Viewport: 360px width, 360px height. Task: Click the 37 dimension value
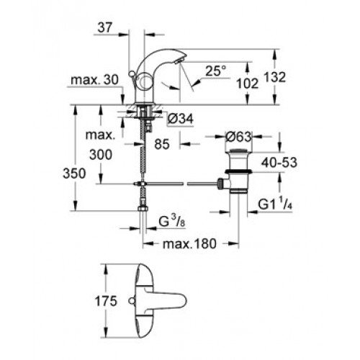(105, 28)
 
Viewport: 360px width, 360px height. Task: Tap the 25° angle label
(215, 71)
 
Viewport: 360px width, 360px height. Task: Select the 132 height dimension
(275, 77)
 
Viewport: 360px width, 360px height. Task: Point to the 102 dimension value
(248, 84)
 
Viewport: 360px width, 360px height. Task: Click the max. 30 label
(95, 80)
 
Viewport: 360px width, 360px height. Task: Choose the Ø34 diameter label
(181, 119)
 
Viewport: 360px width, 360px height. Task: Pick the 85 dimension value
(162, 144)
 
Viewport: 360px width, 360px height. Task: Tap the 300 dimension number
(101, 155)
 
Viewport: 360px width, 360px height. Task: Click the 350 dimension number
(74, 174)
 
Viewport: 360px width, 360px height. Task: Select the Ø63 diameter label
(238, 137)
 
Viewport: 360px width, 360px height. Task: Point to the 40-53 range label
(279, 163)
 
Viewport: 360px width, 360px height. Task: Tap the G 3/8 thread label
(172, 222)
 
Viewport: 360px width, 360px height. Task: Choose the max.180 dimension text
(189, 244)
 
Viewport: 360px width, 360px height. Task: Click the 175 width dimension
(106, 301)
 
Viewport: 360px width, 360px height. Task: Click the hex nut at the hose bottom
(143, 209)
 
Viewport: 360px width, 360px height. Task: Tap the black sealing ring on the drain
(238, 171)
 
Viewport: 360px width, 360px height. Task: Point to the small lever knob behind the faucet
(131, 73)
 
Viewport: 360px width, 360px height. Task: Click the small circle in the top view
(131, 300)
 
